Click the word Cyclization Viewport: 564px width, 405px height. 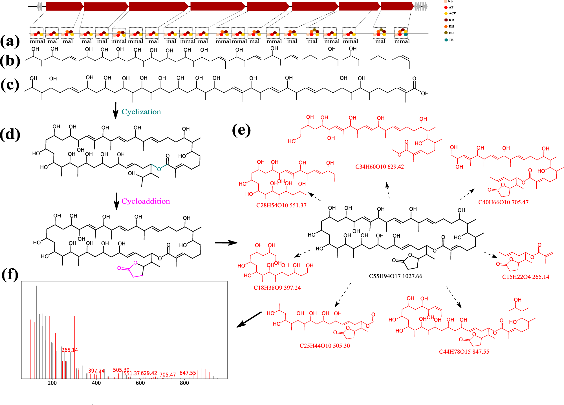141,112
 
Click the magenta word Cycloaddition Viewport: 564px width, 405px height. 146,201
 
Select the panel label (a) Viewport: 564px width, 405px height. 10,41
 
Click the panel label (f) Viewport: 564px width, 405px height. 10,274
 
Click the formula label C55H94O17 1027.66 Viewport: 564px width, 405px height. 395,276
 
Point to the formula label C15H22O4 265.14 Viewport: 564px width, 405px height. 525,277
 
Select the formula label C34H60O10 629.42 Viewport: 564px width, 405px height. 379,167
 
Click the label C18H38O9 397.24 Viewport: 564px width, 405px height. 277,288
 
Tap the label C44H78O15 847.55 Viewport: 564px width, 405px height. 464,352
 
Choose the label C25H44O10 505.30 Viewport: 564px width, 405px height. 325,346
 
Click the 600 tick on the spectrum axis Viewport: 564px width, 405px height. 140,383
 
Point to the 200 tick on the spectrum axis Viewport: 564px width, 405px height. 52,383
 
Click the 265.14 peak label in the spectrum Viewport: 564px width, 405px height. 69,350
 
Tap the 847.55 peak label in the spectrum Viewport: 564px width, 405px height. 188,373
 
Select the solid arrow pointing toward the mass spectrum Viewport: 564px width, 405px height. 249,320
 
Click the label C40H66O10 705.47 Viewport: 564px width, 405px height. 503,202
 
